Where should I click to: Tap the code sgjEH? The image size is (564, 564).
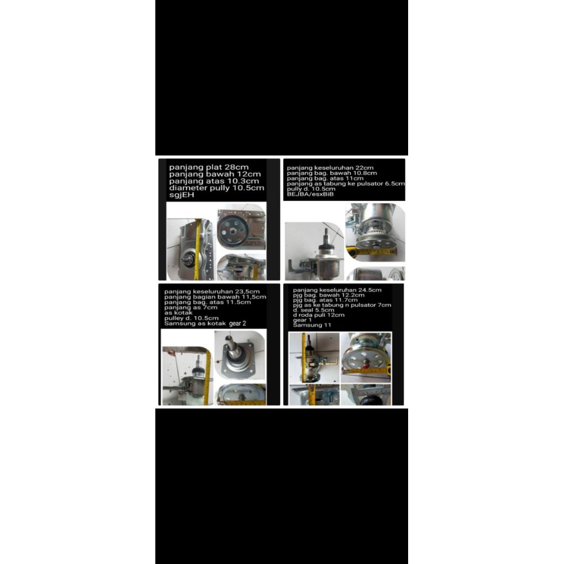click(182, 194)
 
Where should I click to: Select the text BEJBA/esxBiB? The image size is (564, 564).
click(311, 194)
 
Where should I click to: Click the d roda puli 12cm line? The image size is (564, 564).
click(318, 315)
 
